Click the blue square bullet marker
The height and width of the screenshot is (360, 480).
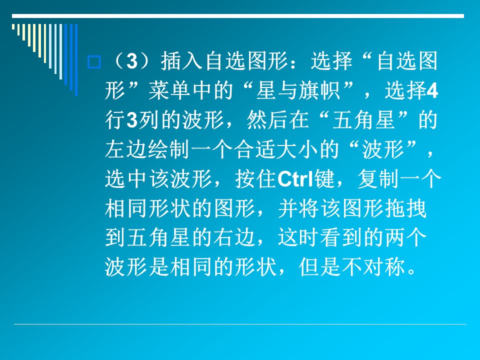pyautogui.click(x=94, y=62)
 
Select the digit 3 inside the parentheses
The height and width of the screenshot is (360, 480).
pyautogui.click(x=132, y=61)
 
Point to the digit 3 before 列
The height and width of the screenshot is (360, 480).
pyautogui.click(x=132, y=120)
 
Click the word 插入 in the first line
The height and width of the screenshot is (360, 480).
pyautogui.click(x=181, y=61)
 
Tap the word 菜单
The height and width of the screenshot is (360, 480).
pyautogui.click(x=170, y=90)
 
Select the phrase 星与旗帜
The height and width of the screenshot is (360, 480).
pyautogui.click(x=298, y=90)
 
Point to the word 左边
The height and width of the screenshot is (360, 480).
pyautogui.click(x=126, y=149)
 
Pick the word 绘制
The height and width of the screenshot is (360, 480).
pyautogui.click(x=168, y=149)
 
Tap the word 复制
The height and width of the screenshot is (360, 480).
pyautogui.click(x=378, y=179)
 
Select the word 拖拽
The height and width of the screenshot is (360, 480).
pyautogui.click(x=406, y=208)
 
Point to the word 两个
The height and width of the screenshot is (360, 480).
pyautogui.click(x=406, y=238)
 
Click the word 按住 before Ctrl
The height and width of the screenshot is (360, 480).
pyautogui.click(x=256, y=179)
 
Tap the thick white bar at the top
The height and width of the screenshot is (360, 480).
pyautogui.click(x=238, y=16)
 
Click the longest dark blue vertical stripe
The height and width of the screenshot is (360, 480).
pyautogui.click(x=76, y=60)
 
